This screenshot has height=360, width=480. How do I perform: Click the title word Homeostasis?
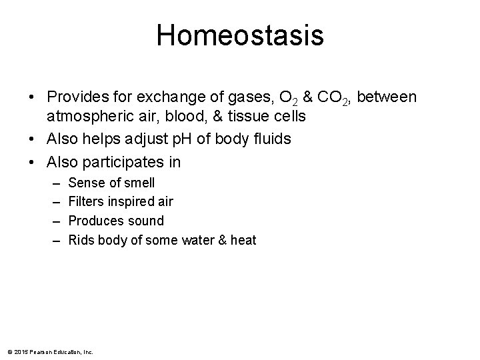pyautogui.click(x=240, y=35)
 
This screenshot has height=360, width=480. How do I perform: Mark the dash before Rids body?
pyautogui.click(x=53, y=240)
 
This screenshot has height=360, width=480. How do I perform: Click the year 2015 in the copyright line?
pyautogui.click(x=20, y=351)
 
